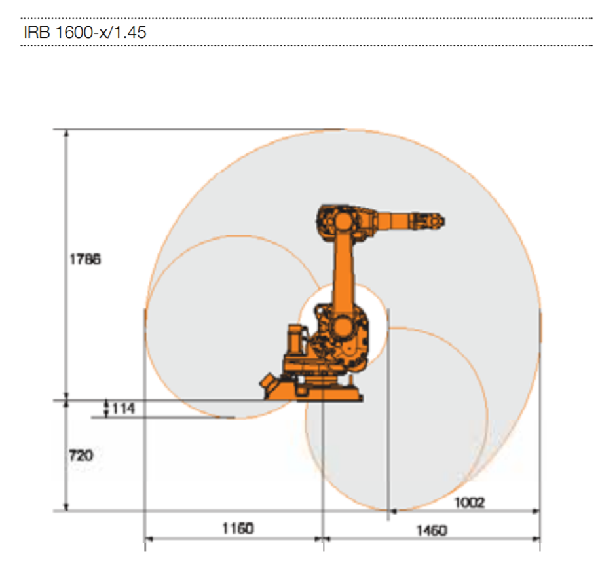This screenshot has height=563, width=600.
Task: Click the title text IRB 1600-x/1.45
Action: [x=84, y=32]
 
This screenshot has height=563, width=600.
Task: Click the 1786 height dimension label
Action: [x=85, y=259]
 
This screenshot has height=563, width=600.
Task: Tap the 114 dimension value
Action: [x=123, y=409]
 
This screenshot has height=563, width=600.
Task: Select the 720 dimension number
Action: [x=81, y=455]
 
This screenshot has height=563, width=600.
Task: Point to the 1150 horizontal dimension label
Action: [x=238, y=528]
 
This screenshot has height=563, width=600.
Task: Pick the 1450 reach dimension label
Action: [x=432, y=530]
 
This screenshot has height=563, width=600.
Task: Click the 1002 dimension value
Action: [x=470, y=502]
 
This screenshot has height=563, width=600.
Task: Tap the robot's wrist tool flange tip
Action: [x=442, y=221]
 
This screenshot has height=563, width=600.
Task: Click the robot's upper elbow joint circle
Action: [x=343, y=221]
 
